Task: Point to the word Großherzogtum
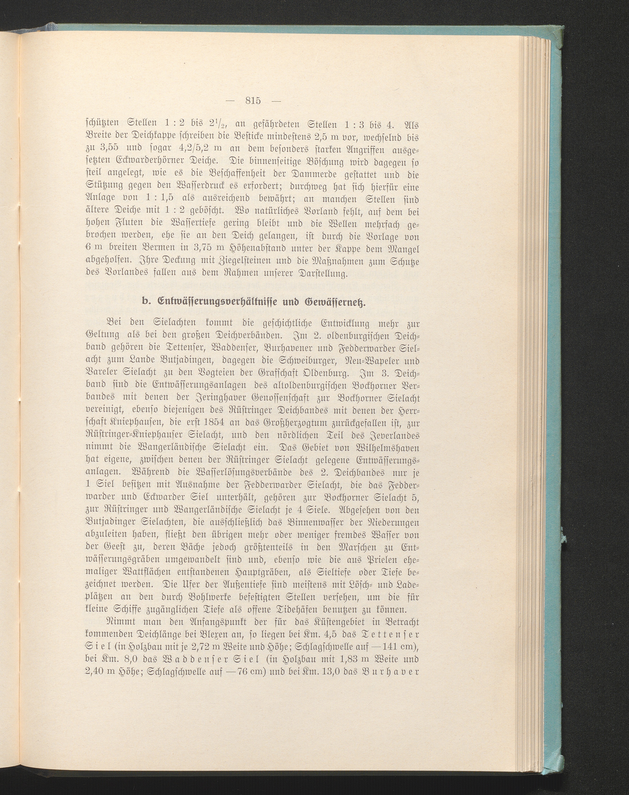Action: pos(301,423)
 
